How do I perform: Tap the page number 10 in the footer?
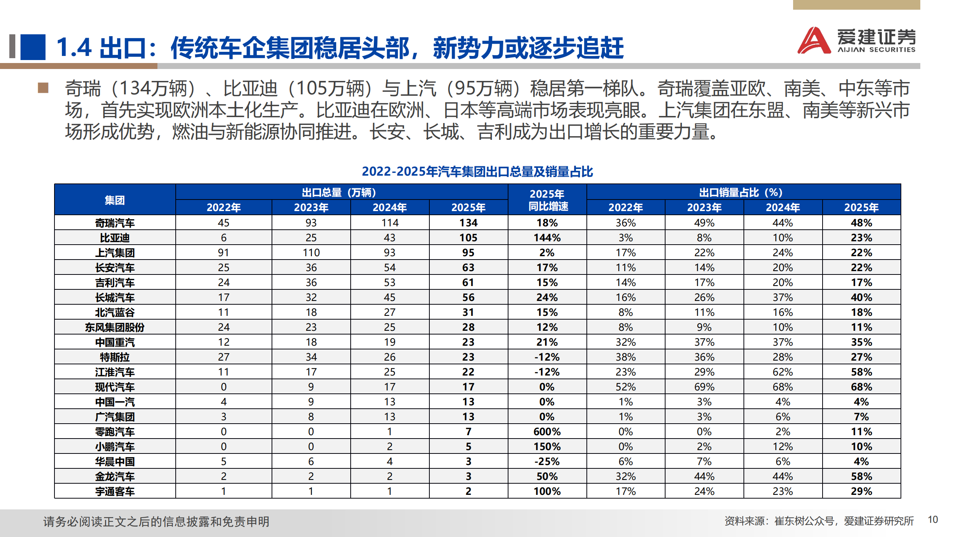(x=933, y=519)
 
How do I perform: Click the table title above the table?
(x=477, y=172)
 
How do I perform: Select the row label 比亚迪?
(x=115, y=238)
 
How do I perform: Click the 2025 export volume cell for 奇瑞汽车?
(x=468, y=223)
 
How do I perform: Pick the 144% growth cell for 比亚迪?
(x=547, y=238)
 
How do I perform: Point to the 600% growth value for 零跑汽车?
(x=547, y=431)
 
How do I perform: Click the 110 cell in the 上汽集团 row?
(x=311, y=252)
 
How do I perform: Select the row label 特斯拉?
(x=115, y=357)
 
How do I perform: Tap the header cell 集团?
(x=115, y=200)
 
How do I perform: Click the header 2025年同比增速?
(x=547, y=200)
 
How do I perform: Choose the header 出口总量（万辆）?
(x=341, y=192)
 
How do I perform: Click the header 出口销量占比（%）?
(x=743, y=192)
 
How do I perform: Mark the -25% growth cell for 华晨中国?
(x=547, y=461)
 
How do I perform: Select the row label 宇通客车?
(x=115, y=491)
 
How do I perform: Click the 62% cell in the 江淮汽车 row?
(x=783, y=372)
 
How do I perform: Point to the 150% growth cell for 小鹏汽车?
(x=547, y=446)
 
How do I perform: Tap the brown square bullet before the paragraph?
(x=43, y=88)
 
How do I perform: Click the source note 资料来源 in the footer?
(x=819, y=521)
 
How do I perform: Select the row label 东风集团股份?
(x=115, y=327)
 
